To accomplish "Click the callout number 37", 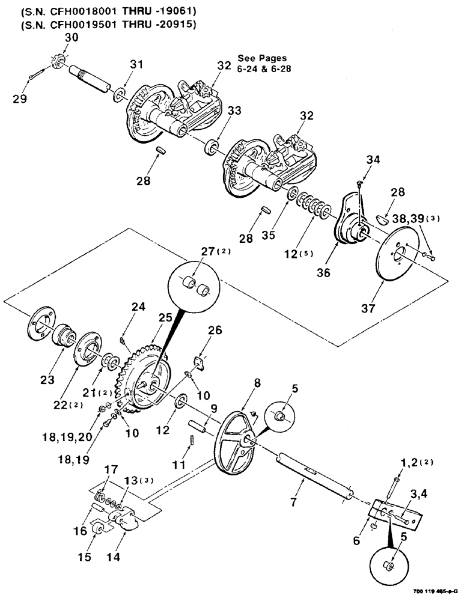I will [367, 308].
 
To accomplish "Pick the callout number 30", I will [72, 37].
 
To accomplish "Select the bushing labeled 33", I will [212, 147].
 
